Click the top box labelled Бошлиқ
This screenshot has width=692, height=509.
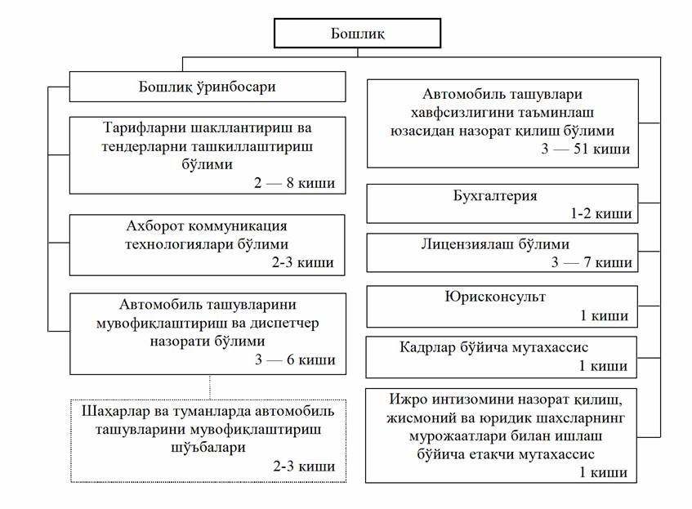click(x=357, y=33)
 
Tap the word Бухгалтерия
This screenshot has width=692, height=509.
click(x=495, y=197)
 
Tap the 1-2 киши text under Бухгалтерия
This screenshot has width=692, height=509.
click(x=601, y=214)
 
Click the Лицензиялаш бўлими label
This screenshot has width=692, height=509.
click(x=495, y=245)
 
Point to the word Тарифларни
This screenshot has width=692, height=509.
click(x=145, y=129)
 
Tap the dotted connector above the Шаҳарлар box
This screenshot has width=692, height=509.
click(x=210, y=386)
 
